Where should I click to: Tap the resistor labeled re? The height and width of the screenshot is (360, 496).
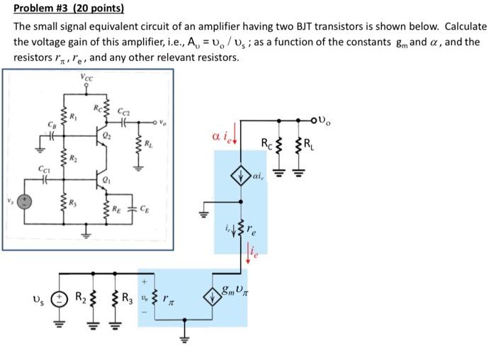pos(245,228)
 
